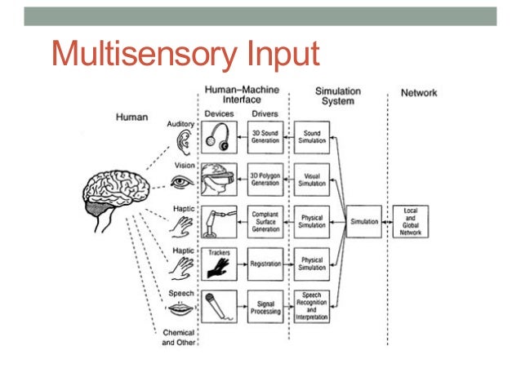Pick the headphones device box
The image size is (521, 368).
point(218,135)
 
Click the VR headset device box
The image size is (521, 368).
point(218,179)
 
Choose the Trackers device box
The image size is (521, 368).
point(218,263)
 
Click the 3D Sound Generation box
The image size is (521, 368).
point(265,135)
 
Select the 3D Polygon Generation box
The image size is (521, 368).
point(265,179)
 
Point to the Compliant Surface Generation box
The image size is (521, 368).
point(265,221)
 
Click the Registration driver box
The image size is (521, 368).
point(265,264)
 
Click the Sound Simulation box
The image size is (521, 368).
point(312,135)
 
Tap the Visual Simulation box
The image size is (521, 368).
point(312,179)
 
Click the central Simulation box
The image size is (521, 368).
point(363,221)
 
